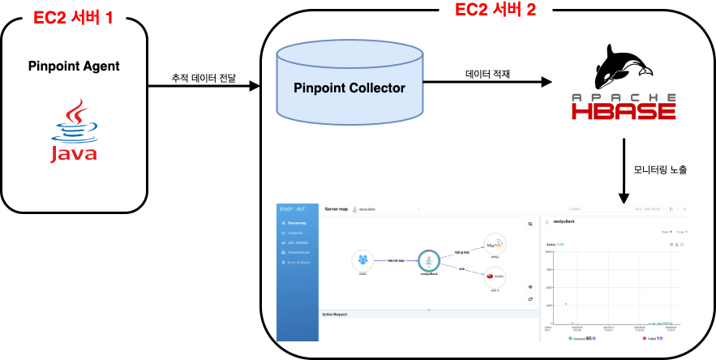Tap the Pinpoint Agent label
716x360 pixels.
(74, 66)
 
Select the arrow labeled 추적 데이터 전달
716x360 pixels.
(203, 84)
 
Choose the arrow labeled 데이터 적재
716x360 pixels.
(487, 82)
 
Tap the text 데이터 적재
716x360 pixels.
(487, 72)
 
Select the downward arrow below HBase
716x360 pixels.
(624, 170)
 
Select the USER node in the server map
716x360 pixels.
(362, 259)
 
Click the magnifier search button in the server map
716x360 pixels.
(530, 223)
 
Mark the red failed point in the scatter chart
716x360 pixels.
(566, 303)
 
